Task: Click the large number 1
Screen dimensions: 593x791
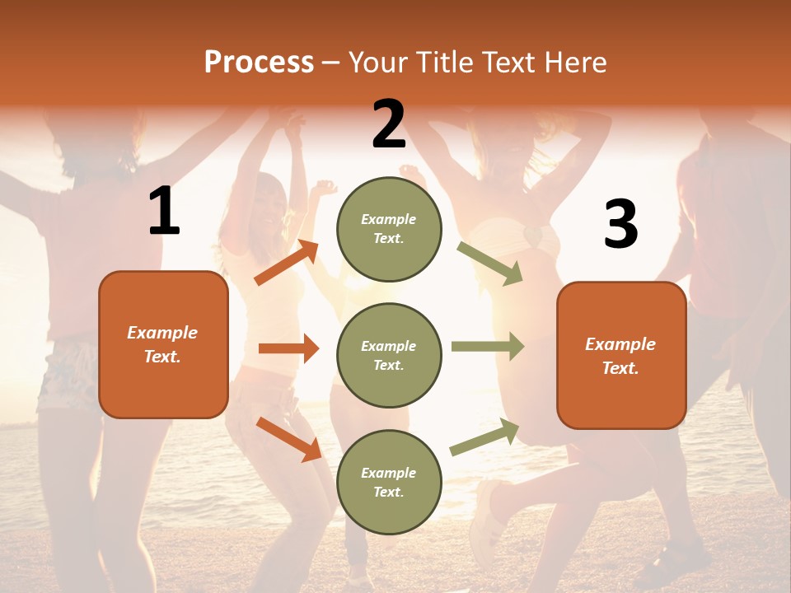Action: click(164, 212)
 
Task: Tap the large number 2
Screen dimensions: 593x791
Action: click(389, 124)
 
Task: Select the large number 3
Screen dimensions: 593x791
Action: click(620, 224)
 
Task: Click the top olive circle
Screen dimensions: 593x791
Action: click(389, 229)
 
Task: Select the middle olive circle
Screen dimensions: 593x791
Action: click(389, 356)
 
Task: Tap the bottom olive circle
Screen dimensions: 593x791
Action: click(389, 483)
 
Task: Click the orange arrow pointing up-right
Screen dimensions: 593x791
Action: click(287, 263)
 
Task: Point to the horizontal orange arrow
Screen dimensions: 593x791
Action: click(288, 348)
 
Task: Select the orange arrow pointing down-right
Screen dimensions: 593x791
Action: click(288, 438)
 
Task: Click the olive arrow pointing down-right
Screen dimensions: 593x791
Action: click(490, 264)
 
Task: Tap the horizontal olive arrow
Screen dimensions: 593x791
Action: click(488, 347)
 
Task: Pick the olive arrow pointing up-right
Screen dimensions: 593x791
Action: click(484, 437)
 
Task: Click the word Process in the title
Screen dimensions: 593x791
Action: click(259, 62)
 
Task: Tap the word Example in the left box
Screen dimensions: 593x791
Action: click(162, 333)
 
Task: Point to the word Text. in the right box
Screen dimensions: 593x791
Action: click(620, 368)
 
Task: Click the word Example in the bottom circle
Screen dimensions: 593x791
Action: click(388, 473)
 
